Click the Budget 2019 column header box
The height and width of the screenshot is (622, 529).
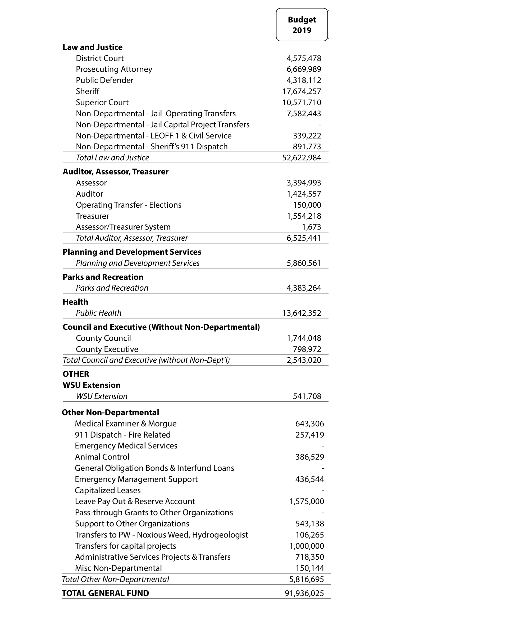[x=302, y=25]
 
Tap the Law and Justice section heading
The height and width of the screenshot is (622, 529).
[x=92, y=47]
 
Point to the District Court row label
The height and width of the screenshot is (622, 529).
[x=99, y=58]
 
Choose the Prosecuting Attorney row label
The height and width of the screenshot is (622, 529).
[x=114, y=69]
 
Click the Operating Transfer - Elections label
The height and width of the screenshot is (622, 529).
[x=128, y=205]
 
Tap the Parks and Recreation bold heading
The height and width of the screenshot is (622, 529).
[x=103, y=277]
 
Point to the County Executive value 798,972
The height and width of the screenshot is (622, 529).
[x=307, y=349]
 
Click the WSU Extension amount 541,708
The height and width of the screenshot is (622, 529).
[x=307, y=396]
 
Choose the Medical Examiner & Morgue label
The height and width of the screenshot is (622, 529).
[x=126, y=424]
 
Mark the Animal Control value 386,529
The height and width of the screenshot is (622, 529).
[x=309, y=457]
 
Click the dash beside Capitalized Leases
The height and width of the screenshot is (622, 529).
[x=322, y=490]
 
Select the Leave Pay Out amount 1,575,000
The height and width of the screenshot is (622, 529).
[x=307, y=502]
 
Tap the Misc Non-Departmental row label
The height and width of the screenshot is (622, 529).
[x=118, y=568]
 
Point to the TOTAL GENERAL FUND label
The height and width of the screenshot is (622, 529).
[x=105, y=593]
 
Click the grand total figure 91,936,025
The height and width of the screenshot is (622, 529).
[x=304, y=593]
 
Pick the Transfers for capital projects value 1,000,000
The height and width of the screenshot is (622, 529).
[x=307, y=546]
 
